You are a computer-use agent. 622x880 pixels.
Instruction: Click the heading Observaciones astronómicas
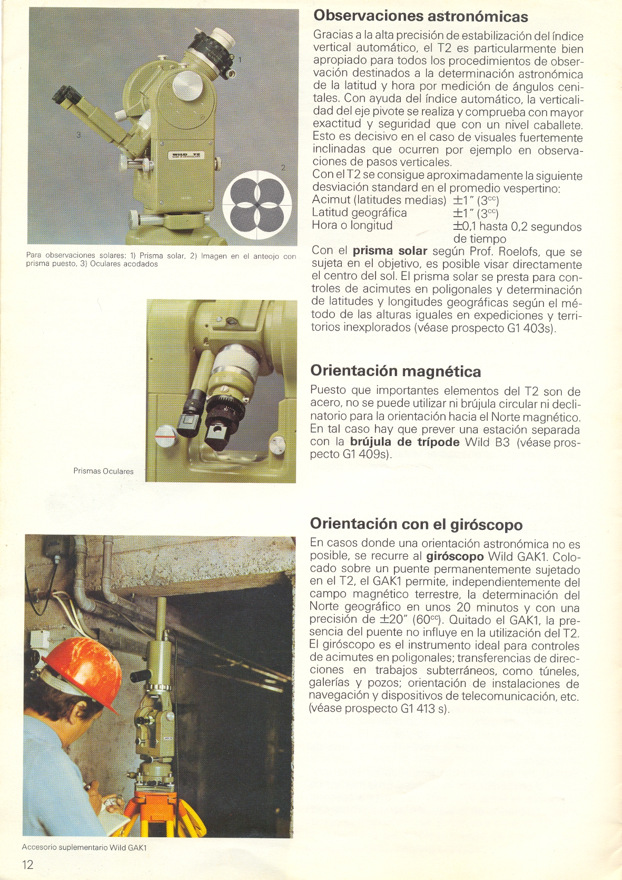[x=420, y=16]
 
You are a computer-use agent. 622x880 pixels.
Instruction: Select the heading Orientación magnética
[x=396, y=371]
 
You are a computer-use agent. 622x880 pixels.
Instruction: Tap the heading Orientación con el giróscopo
[x=416, y=524]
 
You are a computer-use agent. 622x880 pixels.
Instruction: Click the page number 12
[x=27, y=864]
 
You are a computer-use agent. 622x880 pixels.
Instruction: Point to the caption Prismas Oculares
[x=103, y=471]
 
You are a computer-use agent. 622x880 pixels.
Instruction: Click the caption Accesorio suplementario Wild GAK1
[x=84, y=847]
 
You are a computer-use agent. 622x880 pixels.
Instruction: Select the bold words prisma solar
[x=389, y=251]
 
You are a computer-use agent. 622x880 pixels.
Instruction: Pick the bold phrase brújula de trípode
[x=404, y=442]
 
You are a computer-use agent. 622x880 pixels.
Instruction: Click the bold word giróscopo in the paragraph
[x=455, y=556]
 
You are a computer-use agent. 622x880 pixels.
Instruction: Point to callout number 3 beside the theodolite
[x=78, y=135]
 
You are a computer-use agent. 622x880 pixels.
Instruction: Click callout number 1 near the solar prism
[x=240, y=60]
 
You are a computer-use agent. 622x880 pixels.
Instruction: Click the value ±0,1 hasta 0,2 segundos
[x=517, y=227]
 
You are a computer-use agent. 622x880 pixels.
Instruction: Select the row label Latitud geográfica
[x=359, y=213]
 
